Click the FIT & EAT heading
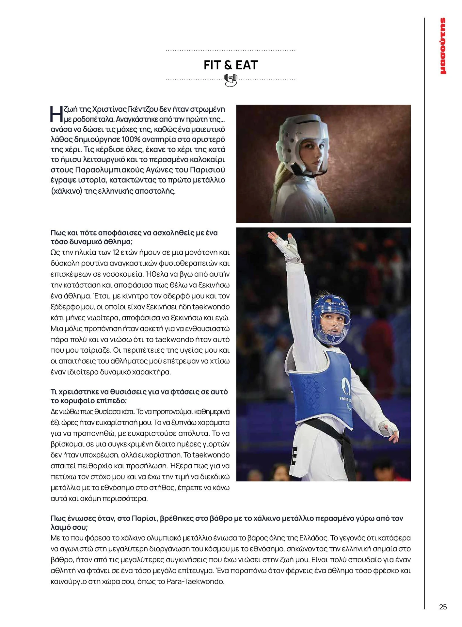231,65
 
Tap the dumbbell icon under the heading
231,80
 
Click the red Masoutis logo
443,46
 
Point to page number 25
443,607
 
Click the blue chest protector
322,389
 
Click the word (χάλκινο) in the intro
66,191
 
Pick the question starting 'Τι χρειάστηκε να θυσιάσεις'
139,396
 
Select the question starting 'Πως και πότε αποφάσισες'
134,237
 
